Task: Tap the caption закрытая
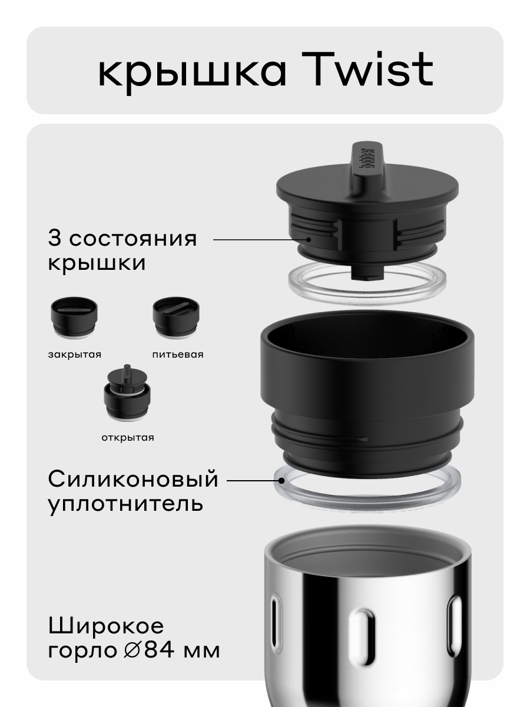(x=75, y=354)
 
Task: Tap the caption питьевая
(x=177, y=354)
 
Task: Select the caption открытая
(x=127, y=437)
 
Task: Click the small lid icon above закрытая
(x=74, y=318)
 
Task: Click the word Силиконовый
(x=133, y=480)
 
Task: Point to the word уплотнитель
(x=125, y=504)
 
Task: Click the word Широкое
(x=106, y=626)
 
